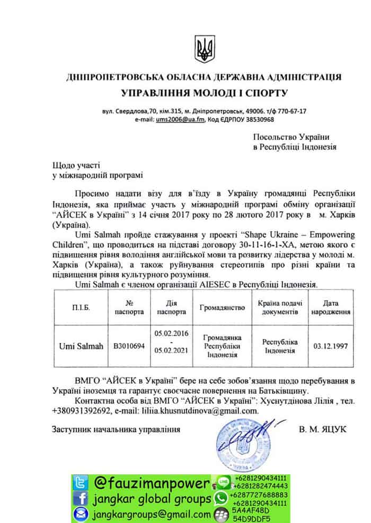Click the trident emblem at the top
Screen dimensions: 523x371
point(204,48)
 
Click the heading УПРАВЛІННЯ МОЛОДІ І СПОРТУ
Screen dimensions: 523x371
point(204,94)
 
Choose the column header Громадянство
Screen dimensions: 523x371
point(222,307)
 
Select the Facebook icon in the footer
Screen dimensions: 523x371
point(79,499)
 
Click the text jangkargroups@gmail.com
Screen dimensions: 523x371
point(151,515)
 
